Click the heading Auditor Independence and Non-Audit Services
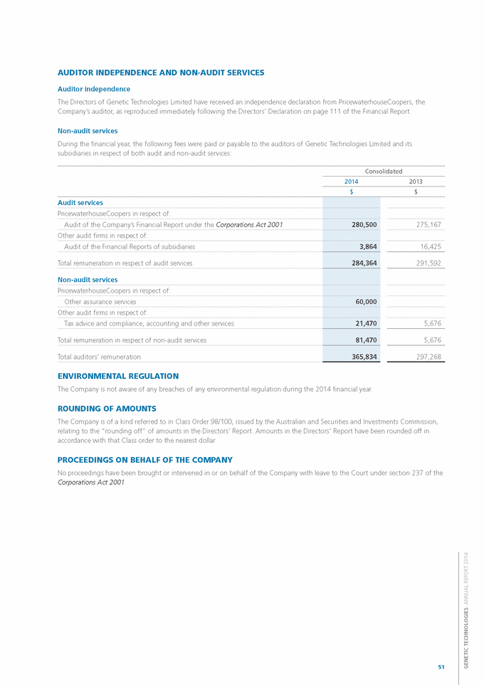161,73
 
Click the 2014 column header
351,182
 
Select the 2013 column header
416,182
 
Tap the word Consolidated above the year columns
384,171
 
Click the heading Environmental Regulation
117,376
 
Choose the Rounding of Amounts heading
106,408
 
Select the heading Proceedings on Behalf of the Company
144,459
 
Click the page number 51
441,666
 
